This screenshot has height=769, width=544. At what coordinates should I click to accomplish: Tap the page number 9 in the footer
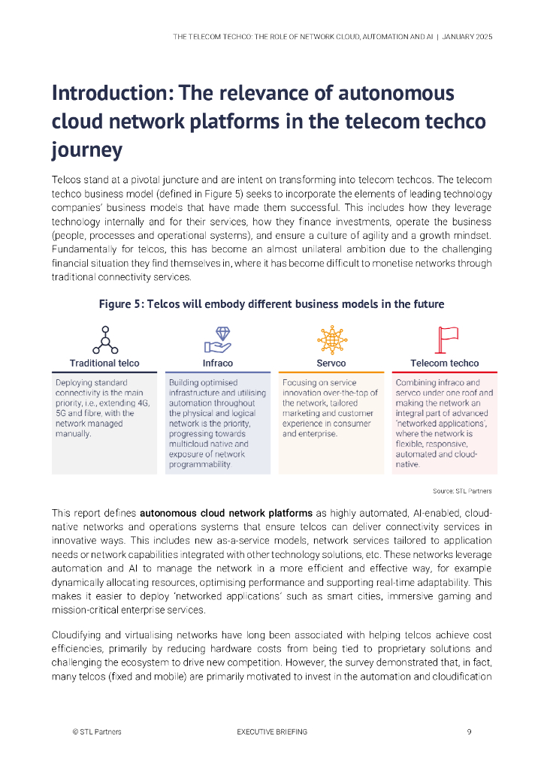coord(469,731)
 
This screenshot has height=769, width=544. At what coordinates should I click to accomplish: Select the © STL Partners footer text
coord(97,731)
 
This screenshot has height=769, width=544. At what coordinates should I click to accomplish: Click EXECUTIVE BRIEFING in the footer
coord(272,731)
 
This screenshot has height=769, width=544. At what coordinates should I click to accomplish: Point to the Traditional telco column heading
coord(104,363)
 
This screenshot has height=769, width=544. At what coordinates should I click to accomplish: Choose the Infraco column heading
coord(218,363)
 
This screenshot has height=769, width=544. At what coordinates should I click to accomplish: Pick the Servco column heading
coord(331,363)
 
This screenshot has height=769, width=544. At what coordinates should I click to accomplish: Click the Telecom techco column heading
coord(445,363)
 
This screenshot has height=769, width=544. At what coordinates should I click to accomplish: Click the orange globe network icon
coord(331,339)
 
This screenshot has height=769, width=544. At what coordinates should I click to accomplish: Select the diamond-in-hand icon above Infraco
coord(218,339)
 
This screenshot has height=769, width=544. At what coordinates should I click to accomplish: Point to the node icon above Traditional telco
coord(105,339)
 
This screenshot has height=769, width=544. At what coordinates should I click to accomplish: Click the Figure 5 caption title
coord(271,304)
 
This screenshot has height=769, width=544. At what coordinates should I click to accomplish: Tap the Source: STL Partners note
coord(462,491)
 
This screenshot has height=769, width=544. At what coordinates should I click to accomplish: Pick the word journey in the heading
coord(86,149)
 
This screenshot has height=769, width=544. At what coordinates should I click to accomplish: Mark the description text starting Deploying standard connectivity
coord(103,408)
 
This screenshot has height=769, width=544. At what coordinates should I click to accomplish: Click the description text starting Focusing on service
coord(330,408)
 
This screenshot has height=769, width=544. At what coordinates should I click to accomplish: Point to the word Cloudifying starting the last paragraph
coord(79,635)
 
